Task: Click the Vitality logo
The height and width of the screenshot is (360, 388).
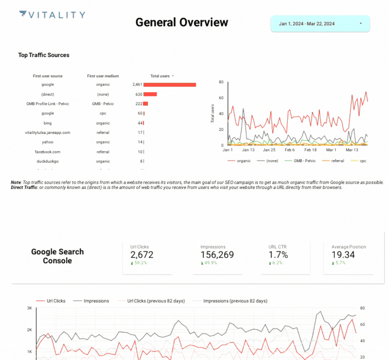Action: click(x=52, y=15)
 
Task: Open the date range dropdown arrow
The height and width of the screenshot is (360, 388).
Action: click(x=361, y=24)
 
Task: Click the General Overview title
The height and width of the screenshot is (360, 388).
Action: click(x=182, y=22)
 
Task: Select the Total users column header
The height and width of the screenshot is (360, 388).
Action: click(x=160, y=76)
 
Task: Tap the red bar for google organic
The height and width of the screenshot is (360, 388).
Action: click(x=170, y=85)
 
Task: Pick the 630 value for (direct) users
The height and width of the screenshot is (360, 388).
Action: click(x=138, y=94)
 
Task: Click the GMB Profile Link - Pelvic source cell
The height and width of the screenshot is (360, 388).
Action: click(x=48, y=104)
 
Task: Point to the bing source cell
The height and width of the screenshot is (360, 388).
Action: click(x=48, y=123)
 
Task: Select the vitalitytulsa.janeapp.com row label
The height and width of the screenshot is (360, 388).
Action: click(x=48, y=132)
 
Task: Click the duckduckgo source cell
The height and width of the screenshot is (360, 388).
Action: click(x=48, y=161)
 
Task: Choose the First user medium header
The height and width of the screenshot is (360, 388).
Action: click(x=103, y=76)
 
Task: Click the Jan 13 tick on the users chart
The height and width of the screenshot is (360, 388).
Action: click(x=248, y=150)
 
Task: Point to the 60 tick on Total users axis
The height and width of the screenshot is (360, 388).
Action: click(x=221, y=98)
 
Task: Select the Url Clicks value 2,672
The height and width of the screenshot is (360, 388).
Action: click(x=142, y=255)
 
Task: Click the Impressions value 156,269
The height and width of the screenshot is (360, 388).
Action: click(x=217, y=255)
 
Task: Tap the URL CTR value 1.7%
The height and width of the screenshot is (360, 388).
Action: click(x=278, y=255)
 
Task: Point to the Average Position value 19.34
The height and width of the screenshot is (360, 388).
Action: click(x=343, y=255)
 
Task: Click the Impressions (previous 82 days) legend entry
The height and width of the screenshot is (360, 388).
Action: click(x=235, y=301)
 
